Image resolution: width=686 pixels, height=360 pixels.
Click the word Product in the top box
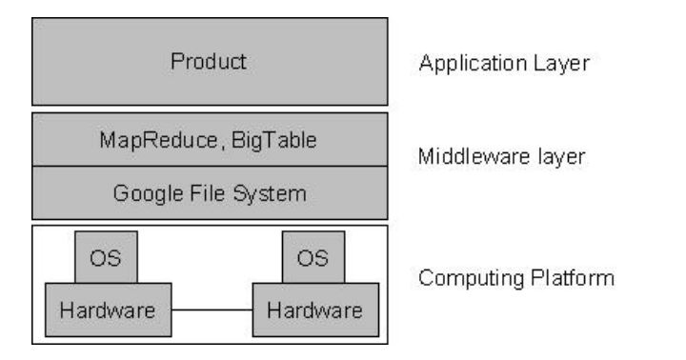[x=209, y=61]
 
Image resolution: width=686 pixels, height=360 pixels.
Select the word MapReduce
[x=159, y=140]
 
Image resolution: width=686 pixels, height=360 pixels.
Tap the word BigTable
[x=273, y=141]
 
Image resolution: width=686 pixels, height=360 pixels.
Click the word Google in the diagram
[x=148, y=193]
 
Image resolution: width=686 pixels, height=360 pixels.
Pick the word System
[x=270, y=193]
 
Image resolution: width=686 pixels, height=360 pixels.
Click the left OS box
[x=107, y=257]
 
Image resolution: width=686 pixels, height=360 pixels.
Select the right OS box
[x=313, y=257]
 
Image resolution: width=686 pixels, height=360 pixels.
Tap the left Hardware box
[x=109, y=310]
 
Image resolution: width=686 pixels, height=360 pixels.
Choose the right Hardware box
[x=316, y=310]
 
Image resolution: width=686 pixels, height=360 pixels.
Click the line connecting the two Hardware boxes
[x=212, y=310]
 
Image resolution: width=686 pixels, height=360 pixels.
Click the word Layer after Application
[x=562, y=64]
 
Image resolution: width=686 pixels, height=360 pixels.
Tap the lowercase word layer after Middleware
[x=562, y=157]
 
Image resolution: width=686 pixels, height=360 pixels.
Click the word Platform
[x=573, y=278]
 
